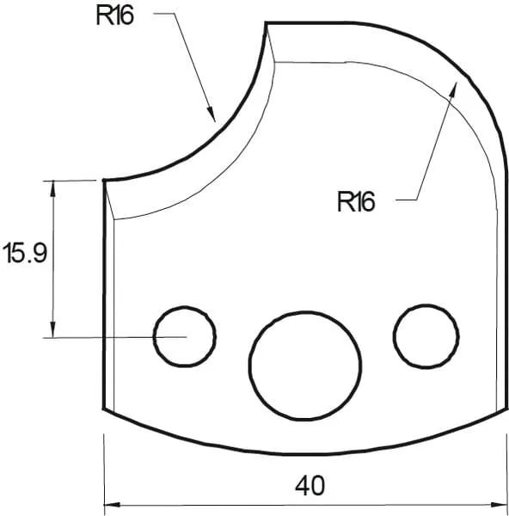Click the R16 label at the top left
pos(116,17)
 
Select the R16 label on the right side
pos(356,202)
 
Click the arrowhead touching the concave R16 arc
pos(209,111)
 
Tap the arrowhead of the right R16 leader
pos(454,84)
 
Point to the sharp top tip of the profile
pos(266,24)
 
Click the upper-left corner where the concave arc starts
pos(103,181)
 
